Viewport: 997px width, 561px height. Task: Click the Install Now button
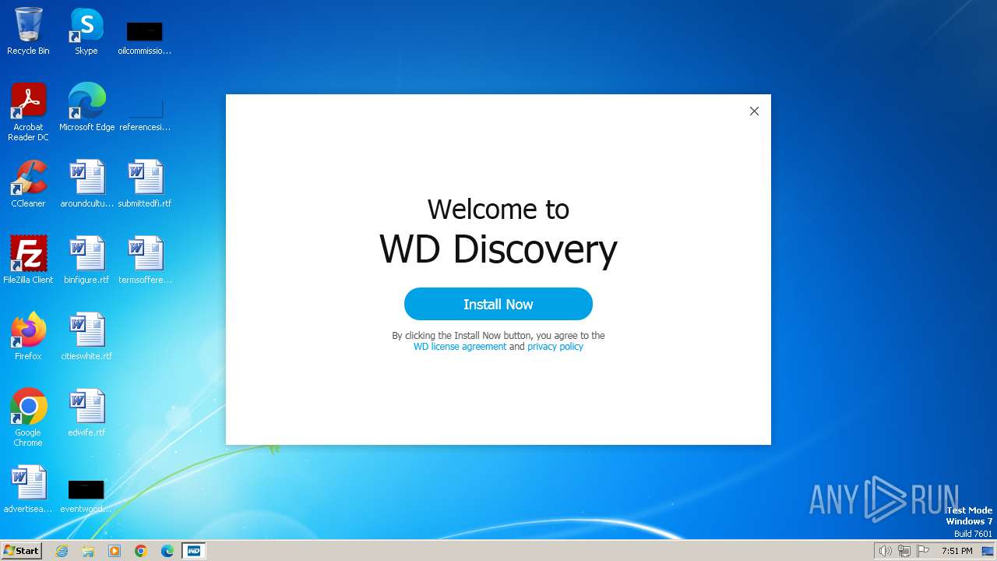pyautogui.click(x=498, y=304)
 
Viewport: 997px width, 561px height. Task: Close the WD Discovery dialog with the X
pyautogui.click(x=754, y=111)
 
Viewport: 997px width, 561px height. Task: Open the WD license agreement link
pyautogui.click(x=460, y=347)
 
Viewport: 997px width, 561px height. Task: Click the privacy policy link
pyautogui.click(x=555, y=347)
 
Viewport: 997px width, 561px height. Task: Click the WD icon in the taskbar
pyautogui.click(x=194, y=551)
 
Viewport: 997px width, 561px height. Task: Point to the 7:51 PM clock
pyautogui.click(x=956, y=551)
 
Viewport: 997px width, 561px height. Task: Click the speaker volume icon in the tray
pyautogui.click(x=885, y=551)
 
